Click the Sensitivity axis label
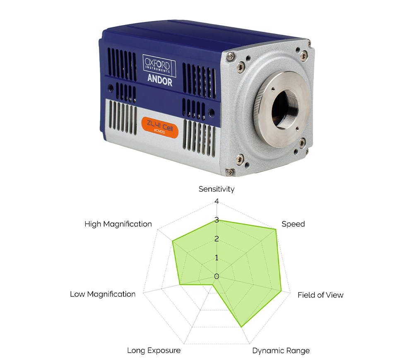click(217, 189)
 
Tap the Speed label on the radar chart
click(293, 224)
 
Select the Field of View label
click(320, 295)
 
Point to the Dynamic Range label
click(281, 351)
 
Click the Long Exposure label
click(154, 350)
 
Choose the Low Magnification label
click(103, 294)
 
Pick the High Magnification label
click(118, 224)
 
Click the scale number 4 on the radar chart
click(217, 202)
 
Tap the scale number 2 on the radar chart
click(217, 239)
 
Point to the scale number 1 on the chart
click(217, 258)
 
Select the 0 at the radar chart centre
click(217, 276)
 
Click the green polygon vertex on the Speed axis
click(276, 230)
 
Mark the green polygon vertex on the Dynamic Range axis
click(241, 327)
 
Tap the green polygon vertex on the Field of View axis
click(282, 291)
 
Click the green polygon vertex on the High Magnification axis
click(173, 241)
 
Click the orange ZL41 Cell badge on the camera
click(160, 127)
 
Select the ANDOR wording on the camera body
click(160, 80)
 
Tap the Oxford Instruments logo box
click(159, 65)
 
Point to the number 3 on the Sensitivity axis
click(217, 220)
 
